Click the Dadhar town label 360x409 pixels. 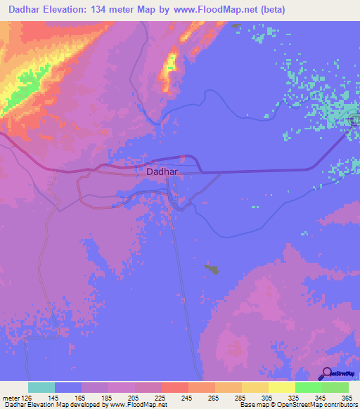(x=162, y=171)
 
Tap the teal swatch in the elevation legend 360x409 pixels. (x=41, y=387)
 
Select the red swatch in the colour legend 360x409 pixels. (x=175, y=387)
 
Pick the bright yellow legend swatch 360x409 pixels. (x=282, y=387)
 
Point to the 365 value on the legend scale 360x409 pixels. (x=346, y=398)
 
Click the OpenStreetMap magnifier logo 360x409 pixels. (x=327, y=373)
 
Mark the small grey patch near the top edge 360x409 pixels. (x=236, y=26)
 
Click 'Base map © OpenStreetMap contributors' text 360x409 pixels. (x=297, y=405)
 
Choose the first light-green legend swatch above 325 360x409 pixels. (x=309, y=387)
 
